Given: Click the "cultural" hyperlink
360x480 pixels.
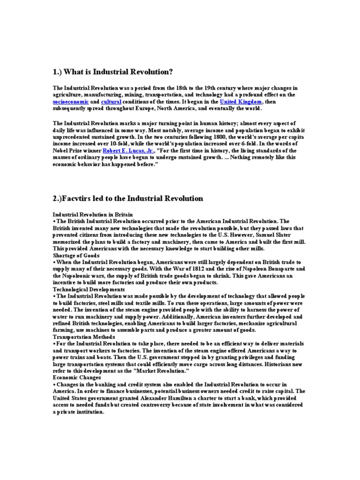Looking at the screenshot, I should pyautogui.click(x=111, y=101).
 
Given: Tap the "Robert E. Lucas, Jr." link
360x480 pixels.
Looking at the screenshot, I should pyautogui.click(x=128, y=151).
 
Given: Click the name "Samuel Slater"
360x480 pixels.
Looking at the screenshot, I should pyautogui.click(x=272, y=235).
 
